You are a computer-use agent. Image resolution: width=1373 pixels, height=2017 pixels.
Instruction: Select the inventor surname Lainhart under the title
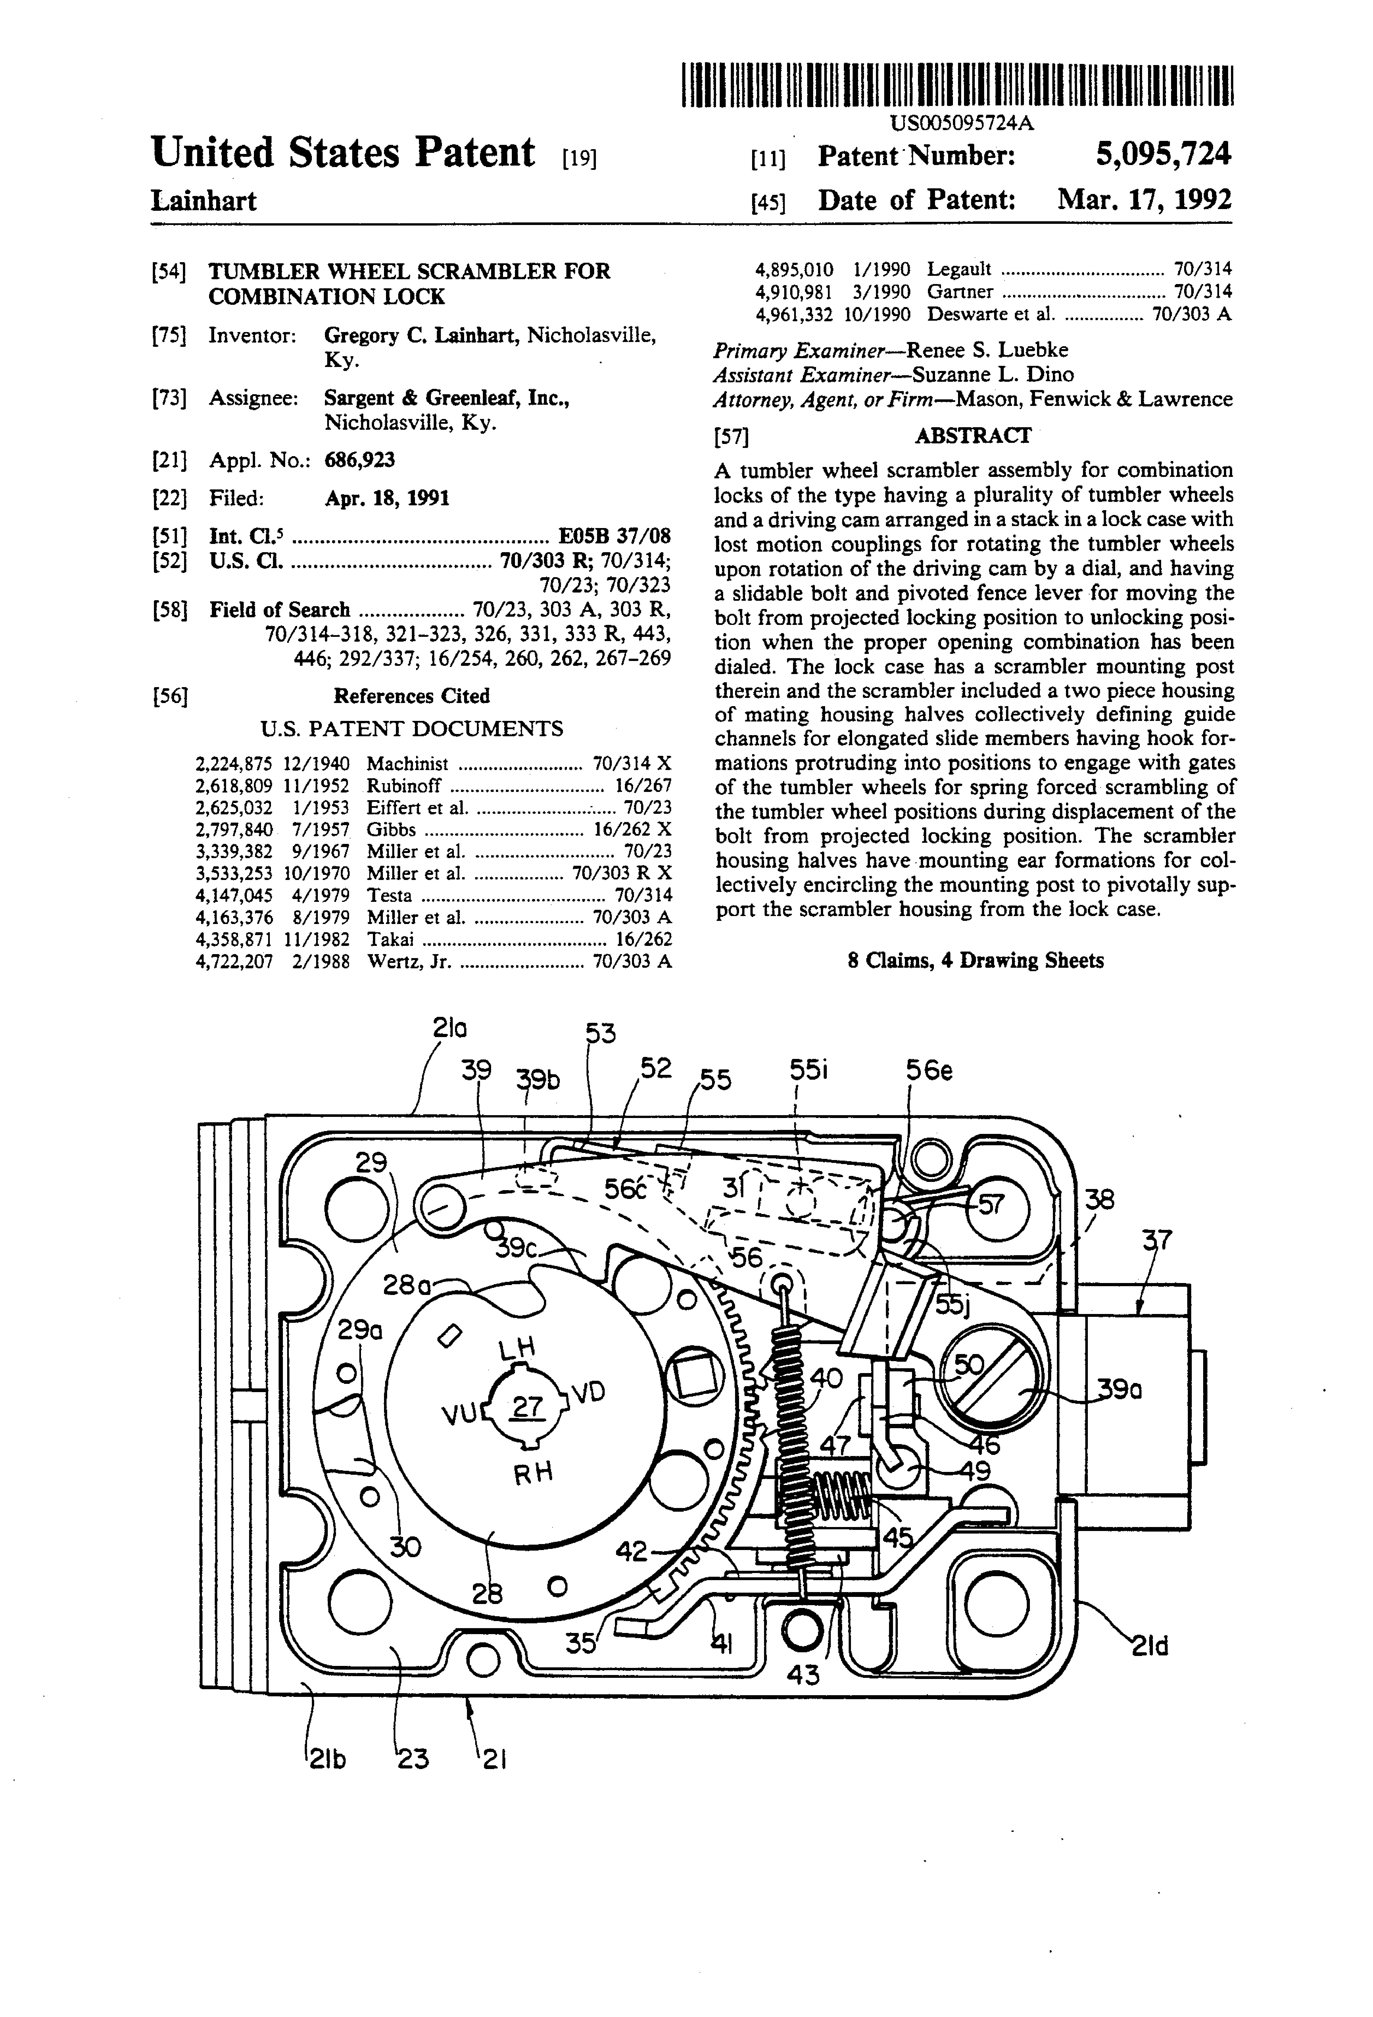tap(204, 201)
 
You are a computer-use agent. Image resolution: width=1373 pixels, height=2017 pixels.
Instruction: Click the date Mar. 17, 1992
tap(1144, 201)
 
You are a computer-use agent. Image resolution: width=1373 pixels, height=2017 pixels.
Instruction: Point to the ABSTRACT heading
tap(973, 436)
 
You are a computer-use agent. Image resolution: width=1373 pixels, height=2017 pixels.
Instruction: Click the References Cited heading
tap(411, 696)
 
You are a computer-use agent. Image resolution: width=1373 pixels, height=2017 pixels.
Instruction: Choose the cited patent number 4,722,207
tap(234, 961)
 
